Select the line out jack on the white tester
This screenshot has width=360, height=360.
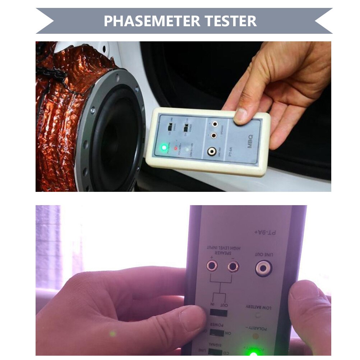pos(210,152)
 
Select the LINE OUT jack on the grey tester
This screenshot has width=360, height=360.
pos(263,268)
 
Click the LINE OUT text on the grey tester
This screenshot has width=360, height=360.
pos(264,255)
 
